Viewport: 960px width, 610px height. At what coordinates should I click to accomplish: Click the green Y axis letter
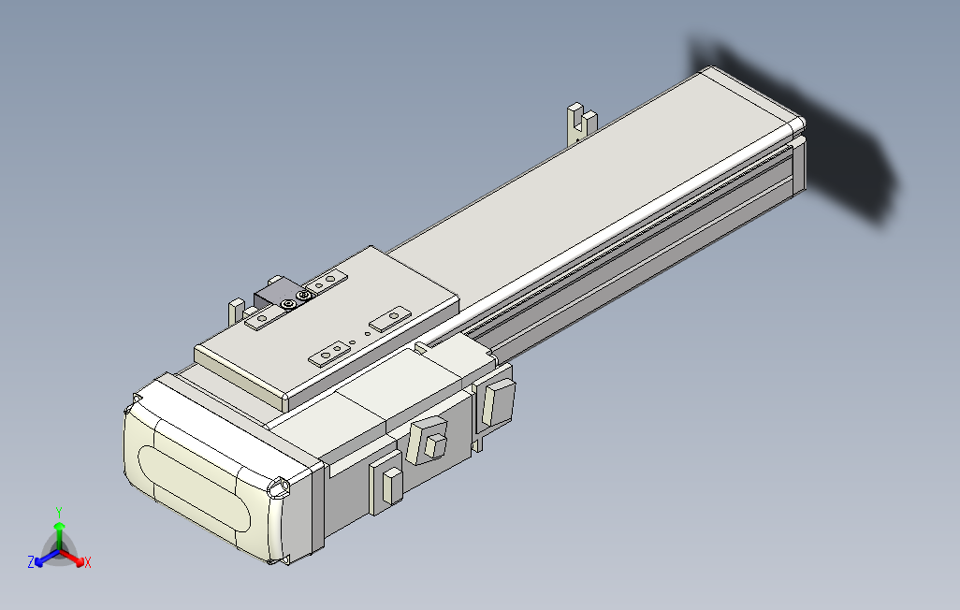click(58, 512)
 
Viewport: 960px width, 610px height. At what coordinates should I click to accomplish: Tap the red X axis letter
click(87, 562)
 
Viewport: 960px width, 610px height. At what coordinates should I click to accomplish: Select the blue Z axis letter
click(31, 562)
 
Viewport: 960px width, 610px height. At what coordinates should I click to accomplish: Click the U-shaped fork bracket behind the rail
click(581, 123)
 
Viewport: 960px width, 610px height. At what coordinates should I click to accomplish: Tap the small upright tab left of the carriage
click(235, 310)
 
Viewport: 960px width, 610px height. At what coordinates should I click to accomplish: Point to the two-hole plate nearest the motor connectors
click(331, 353)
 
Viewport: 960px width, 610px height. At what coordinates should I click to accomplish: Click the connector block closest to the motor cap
click(387, 485)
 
